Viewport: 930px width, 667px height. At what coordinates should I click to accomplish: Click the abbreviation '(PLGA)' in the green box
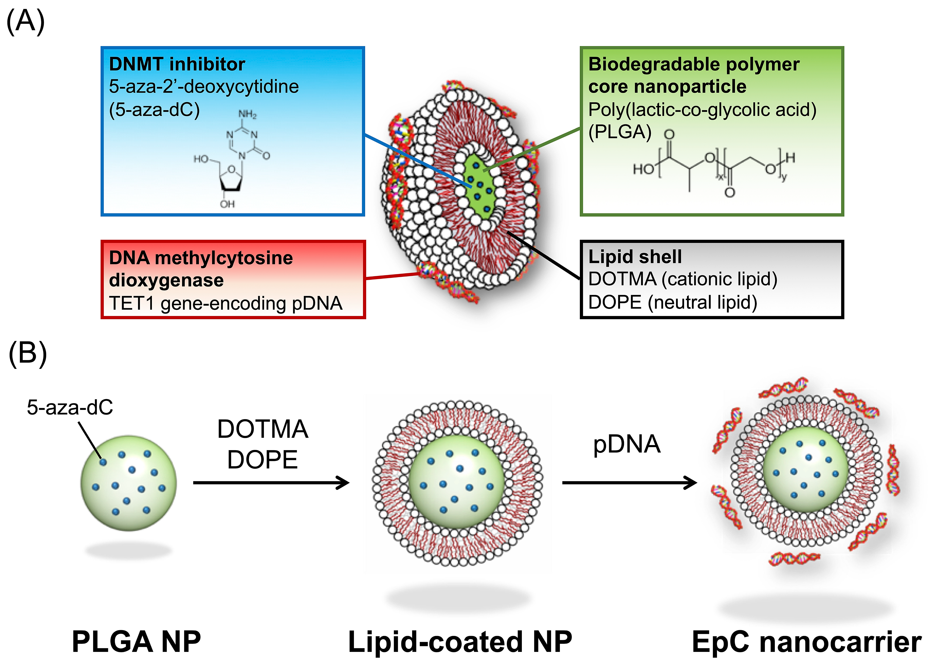coord(620,132)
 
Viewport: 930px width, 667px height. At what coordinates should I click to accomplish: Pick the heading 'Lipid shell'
coord(635,257)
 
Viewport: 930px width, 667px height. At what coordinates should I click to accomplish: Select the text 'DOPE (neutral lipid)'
coord(673,302)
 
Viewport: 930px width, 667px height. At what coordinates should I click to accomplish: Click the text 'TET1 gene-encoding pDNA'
coord(226,303)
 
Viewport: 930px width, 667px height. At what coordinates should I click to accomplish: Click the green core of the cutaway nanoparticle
coord(480,184)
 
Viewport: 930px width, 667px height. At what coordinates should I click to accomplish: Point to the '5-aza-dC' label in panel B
coord(70,407)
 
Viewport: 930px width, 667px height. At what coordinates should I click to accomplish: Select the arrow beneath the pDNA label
coord(629,483)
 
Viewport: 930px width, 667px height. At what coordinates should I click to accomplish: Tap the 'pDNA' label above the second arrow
coord(627,444)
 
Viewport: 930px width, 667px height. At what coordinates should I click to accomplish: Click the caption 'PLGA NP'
coord(136,642)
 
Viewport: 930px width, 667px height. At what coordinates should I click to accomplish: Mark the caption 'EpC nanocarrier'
coord(806,642)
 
